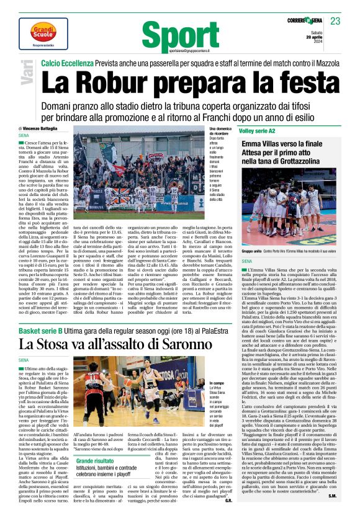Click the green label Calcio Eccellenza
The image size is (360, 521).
pos(68,64)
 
